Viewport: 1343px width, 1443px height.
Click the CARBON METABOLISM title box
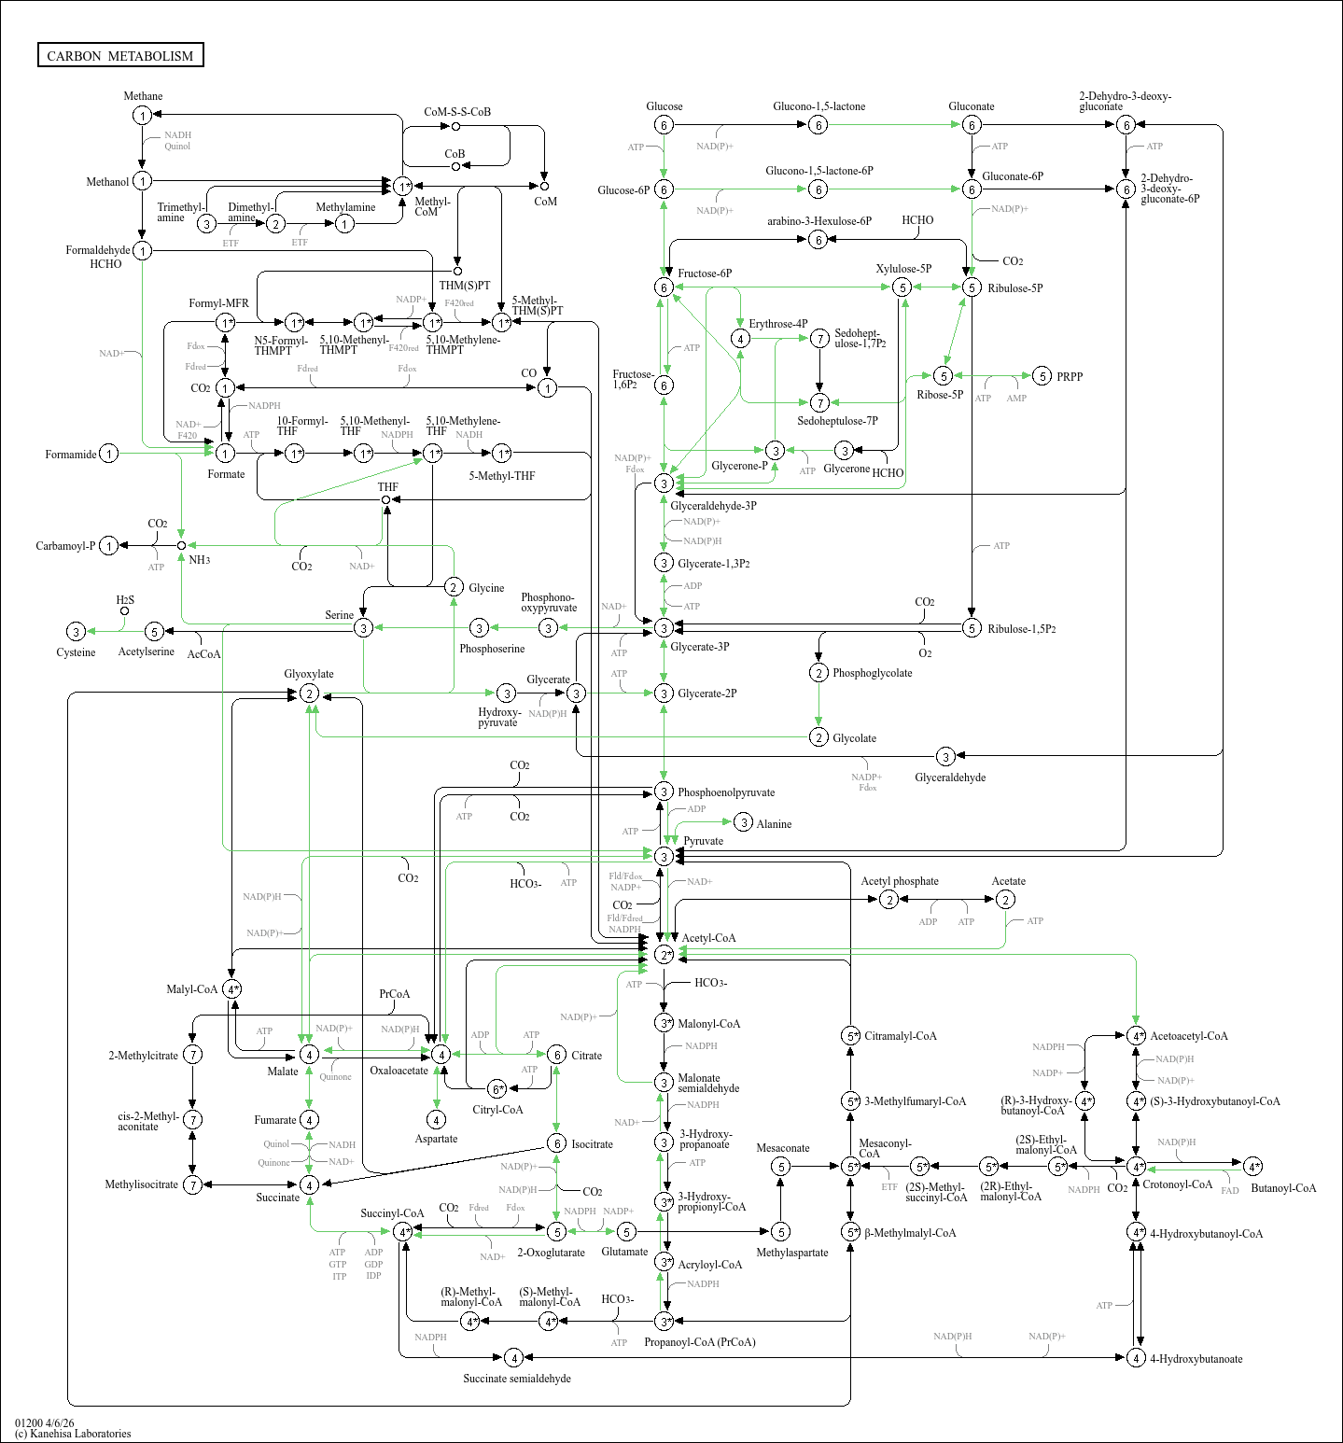[x=120, y=55]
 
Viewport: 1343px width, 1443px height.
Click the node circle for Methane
[x=142, y=115]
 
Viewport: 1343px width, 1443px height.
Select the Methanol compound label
[x=107, y=182]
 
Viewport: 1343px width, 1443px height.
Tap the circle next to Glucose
[x=664, y=125]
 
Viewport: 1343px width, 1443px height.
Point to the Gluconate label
[x=972, y=106]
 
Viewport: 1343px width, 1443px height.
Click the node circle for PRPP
[x=1042, y=376]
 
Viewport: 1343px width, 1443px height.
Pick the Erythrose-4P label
[x=778, y=324]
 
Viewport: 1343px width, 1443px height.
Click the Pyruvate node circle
[x=664, y=857]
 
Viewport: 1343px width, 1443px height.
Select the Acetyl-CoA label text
[x=708, y=938]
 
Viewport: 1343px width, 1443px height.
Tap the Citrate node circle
[x=556, y=1055]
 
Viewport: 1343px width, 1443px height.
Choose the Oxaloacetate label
[x=399, y=1071]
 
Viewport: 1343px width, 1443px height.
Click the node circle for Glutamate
[x=626, y=1232]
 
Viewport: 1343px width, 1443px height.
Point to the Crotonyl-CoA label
[x=1177, y=1184]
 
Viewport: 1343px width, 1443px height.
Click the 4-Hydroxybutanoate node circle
[x=1136, y=1358]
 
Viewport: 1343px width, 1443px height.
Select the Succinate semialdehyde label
[x=517, y=1379]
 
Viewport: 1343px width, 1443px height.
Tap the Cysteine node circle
[x=77, y=632]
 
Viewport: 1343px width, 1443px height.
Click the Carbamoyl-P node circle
[x=109, y=546]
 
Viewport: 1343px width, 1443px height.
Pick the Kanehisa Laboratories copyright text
[x=73, y=1434]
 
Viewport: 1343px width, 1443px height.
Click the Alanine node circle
[x=743, y=822]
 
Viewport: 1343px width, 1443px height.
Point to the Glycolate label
[x=855, y=738]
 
